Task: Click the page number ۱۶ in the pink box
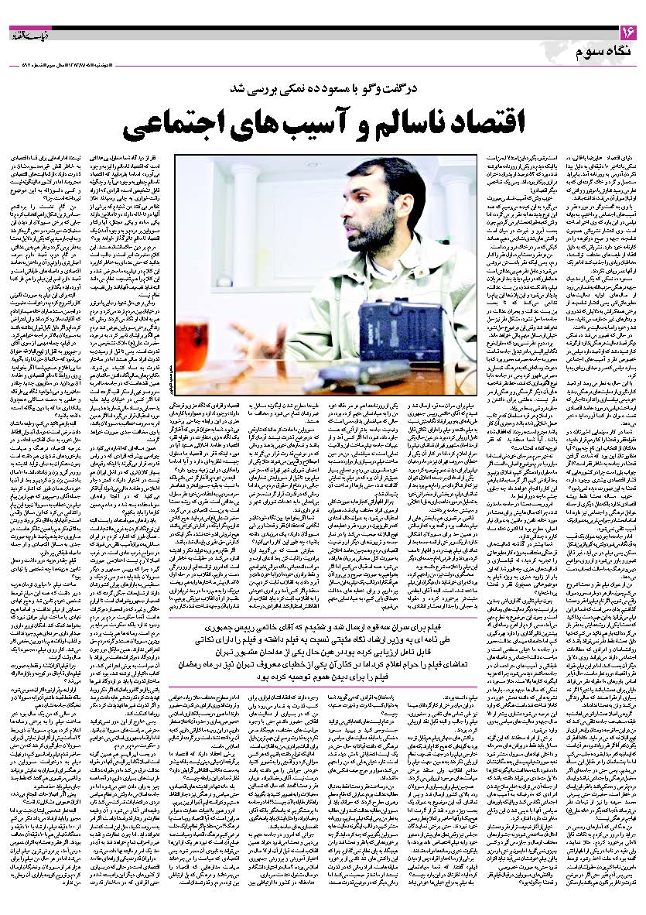(626, 33)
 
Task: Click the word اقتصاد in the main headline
(464, 122)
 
